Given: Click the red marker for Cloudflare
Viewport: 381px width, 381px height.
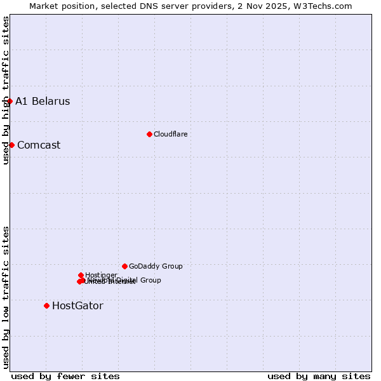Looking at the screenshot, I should (x=149, y=134).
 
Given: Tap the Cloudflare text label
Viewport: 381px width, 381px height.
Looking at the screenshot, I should (x=170, y=134).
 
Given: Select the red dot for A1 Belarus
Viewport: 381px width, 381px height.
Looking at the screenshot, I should (x=10, y=101).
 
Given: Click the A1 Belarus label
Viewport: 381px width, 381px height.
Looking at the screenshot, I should (x=43, y=102).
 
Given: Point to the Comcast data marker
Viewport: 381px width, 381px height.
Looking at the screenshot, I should (x=11, y=145).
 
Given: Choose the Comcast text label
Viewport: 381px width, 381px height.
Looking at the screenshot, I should (x=39, y=145).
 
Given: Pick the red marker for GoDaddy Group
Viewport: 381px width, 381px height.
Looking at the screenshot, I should (x=124, y=266).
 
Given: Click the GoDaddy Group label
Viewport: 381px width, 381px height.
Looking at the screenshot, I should (x=156, y=266).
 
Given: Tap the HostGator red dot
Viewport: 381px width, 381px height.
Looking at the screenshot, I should (x=46, y=305).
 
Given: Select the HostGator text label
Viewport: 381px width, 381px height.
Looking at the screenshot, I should (x=77, y=306).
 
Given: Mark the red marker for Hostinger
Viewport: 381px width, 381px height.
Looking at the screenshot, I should (x=81, y=275).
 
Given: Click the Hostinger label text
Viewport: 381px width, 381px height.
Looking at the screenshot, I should (x=101, y=275).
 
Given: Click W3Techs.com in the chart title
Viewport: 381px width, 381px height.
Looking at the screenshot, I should (x=323, y=6).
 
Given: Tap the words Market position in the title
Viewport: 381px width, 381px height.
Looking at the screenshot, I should (x=62, y=6).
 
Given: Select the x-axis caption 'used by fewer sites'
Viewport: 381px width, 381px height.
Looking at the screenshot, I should (x=65, y=376).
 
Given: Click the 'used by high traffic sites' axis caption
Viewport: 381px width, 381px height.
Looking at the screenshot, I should (x=6, y=90).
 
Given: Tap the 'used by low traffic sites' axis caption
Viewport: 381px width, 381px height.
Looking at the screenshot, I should (x=6, y=297).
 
